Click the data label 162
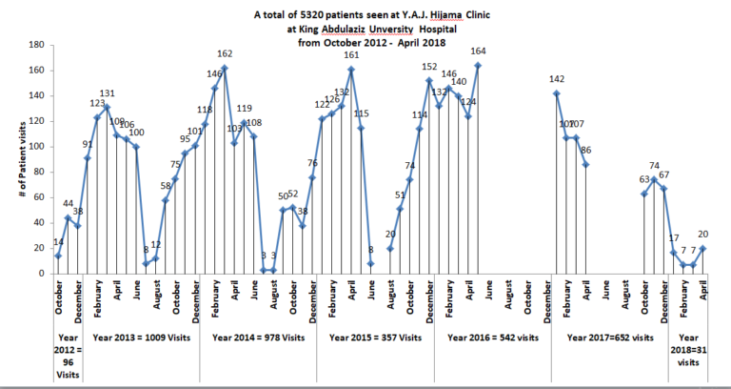pos(226,53)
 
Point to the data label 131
pos(108,92)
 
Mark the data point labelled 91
pos(88,158)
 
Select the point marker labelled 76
pos(311,177)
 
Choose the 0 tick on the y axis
pos(40,274)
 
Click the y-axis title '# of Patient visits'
pos(13,159)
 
